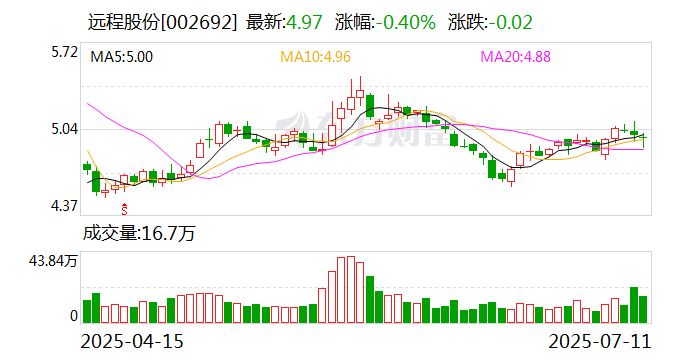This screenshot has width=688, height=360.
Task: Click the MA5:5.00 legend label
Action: coord(122,57)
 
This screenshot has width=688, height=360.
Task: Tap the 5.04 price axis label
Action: coord(63,129)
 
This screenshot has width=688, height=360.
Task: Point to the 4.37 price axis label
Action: coord(63,207)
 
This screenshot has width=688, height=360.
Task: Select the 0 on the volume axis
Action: coord(72,316)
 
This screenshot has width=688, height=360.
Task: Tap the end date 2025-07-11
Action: coord(604,340)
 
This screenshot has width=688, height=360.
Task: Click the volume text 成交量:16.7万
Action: coord(138,234)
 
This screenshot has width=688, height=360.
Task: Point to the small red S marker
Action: coord(125,208)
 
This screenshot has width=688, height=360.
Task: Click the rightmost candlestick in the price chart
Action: coord(643,140)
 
